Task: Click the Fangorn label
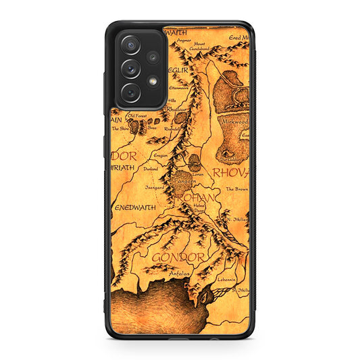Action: click(184, 181)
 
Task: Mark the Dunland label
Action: click(151, 168)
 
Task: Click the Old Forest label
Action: click(137, 115)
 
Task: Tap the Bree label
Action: click(153, 126)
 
